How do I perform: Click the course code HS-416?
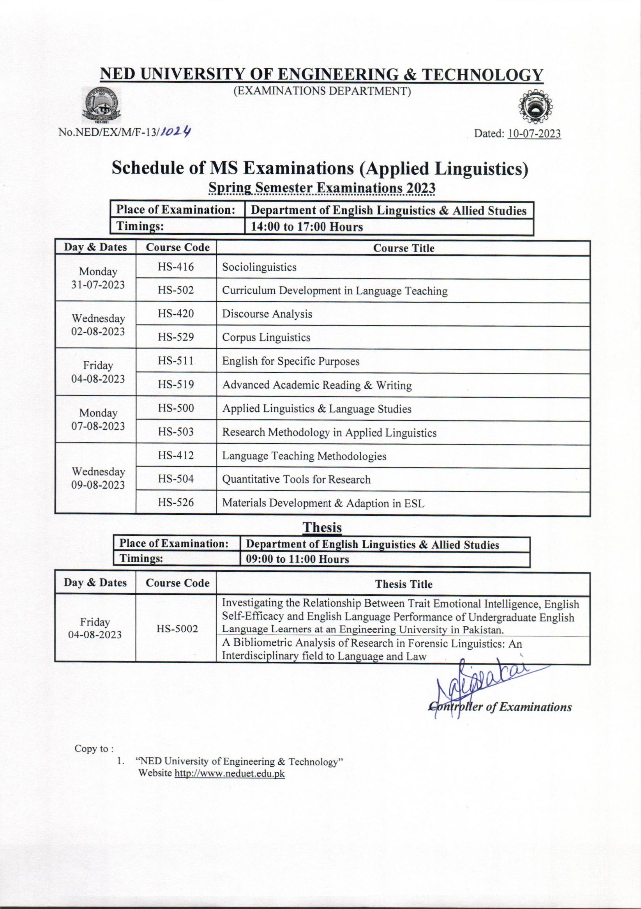tap(176, 267)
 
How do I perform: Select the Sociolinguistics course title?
tap(259, 267)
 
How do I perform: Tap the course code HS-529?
tap(176, 337)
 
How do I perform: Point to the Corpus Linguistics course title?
tap(266, 337)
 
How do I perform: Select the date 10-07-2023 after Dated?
tap(534, 134)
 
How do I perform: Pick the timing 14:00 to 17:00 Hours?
tap(307, 227)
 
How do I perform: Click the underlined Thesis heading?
tap(322, 527)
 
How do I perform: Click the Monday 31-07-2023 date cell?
tap(98, 278)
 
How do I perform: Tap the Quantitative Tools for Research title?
tap(296, 479)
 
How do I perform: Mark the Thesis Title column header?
tap(404, 584)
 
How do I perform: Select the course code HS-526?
tap(176, 502)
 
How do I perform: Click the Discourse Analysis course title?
tap(267, 314)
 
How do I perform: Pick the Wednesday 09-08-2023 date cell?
tap(98, 478)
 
